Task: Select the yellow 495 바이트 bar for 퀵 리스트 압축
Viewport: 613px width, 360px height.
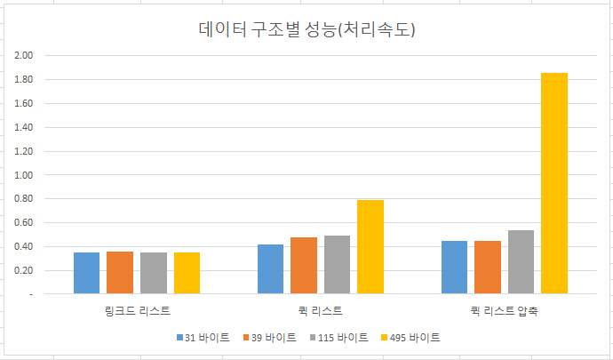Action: (x=554, y=183)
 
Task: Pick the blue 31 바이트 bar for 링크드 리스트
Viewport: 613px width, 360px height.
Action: (x=87, y=273)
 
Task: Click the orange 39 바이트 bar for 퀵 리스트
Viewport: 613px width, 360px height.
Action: (x=304, y=265)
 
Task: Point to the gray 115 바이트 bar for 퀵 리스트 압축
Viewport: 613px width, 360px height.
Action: (x=521, y=261)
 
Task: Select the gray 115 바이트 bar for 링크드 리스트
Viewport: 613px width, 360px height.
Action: (x=154, y=273)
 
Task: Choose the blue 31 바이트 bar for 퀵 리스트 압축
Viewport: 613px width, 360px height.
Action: (x=454, y=267)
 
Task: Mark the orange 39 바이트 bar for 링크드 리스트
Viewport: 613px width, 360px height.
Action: (x=120, y=272)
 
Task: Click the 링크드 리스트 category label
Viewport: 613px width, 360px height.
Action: (x=137, y=311)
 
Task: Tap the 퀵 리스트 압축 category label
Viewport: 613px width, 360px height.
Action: (x=504, y=311)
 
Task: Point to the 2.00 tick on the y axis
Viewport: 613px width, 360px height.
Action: (x=24, y=56)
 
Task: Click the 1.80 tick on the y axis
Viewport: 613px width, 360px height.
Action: (x=24, y=80)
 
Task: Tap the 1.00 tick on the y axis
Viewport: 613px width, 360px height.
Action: (x=24, y=175)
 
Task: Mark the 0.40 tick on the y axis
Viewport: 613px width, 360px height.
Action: (x=24, y=246)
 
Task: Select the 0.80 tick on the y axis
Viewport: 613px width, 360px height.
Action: (x=24, y=199)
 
